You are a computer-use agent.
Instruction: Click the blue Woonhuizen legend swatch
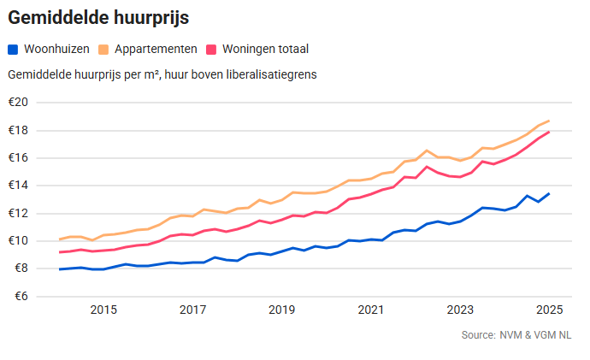pyautogui.click(x=13, y=50)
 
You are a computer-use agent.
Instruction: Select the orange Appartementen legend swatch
pyautogui.click(x=104, y=50)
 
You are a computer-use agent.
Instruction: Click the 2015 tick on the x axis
pyautogui.click(x=103, y=310)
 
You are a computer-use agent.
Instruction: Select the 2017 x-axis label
pyautogui.click(x=192, y=310)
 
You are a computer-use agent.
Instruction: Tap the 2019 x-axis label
pyautogui.click(x=281, y=310)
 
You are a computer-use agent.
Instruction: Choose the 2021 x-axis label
pyautogui.click(x=370, y=310)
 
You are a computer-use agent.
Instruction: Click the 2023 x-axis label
pyautogui.click(x=459, y=310)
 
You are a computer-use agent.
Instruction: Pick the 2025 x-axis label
pyautogui.click(x=548, y=310)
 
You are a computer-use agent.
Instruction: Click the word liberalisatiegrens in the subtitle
pyautogui.click(x=270, y=74)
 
